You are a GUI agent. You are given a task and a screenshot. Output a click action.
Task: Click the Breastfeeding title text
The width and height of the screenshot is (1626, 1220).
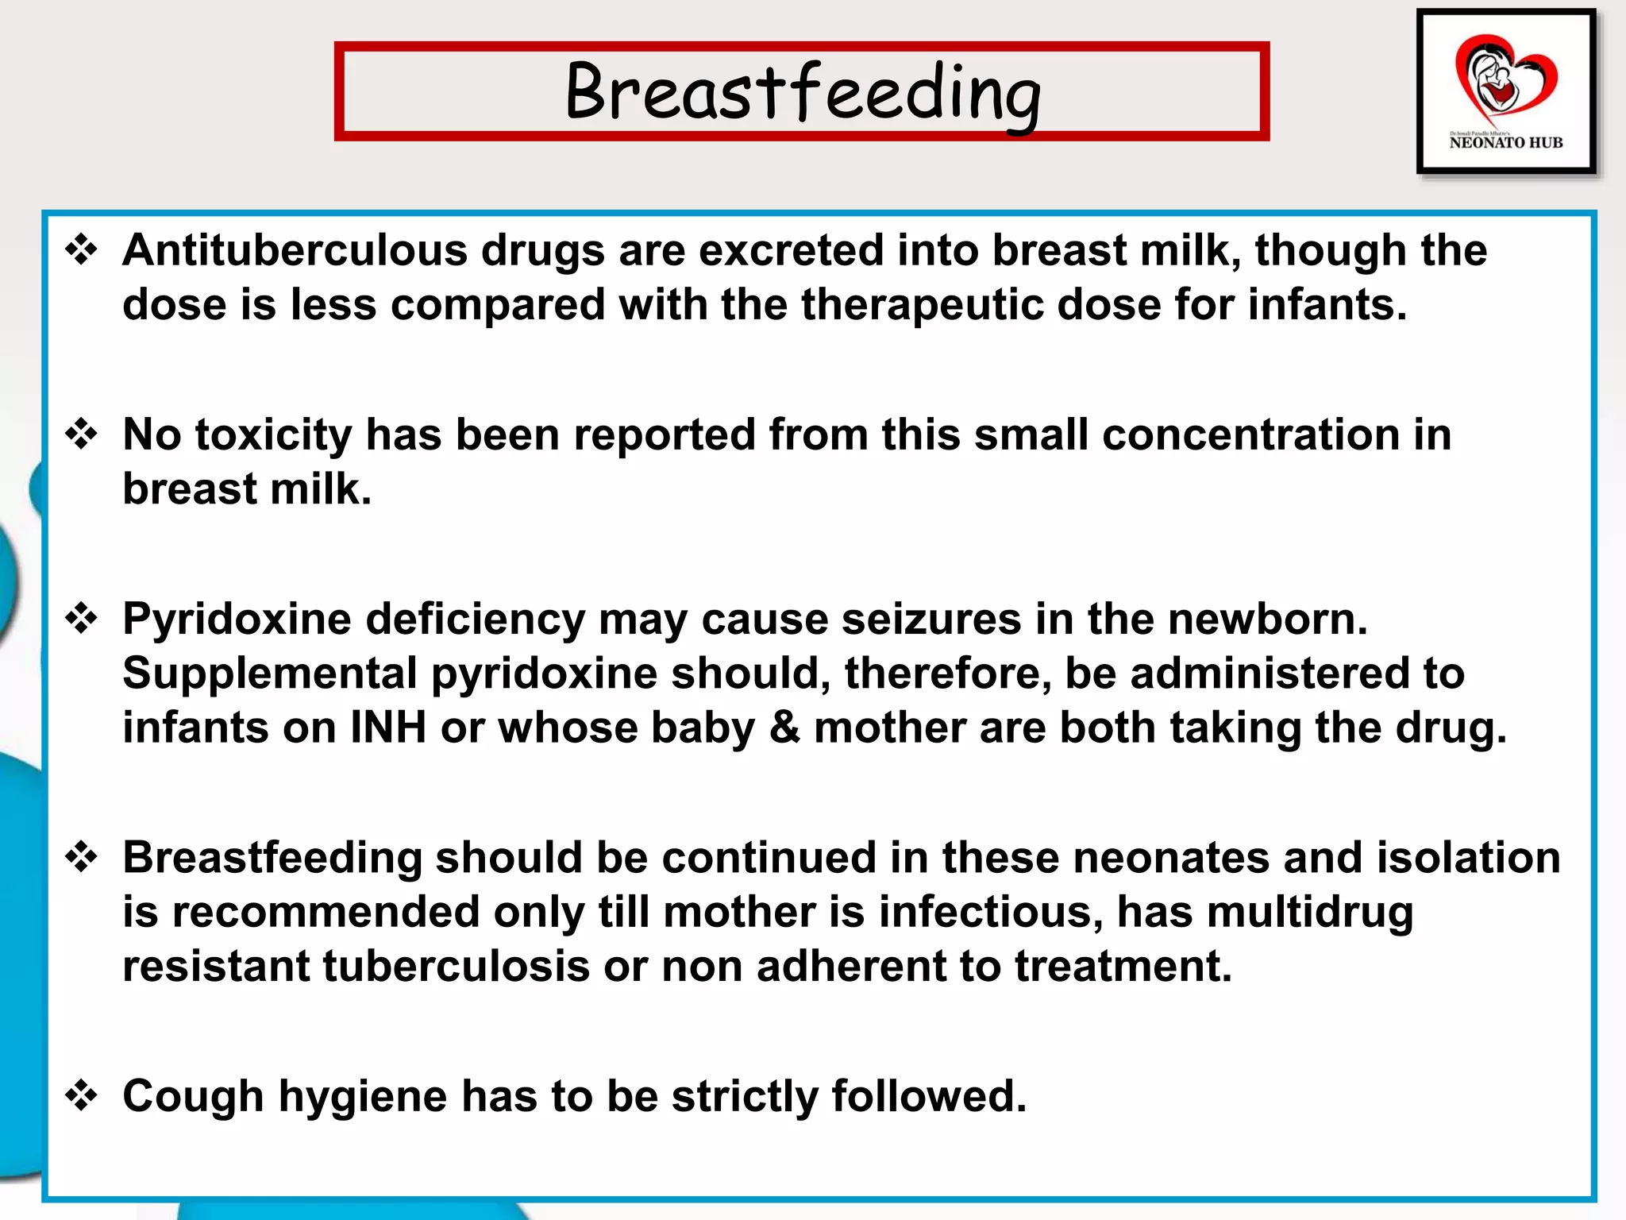tap(802, 93)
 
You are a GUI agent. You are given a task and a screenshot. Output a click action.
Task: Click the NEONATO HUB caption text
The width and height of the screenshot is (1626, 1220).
tap(1505, 143)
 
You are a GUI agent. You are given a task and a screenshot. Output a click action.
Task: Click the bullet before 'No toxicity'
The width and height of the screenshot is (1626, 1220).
tap(82, 434)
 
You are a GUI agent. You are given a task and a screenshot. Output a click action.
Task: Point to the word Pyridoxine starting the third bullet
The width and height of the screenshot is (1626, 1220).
tap(236, 620)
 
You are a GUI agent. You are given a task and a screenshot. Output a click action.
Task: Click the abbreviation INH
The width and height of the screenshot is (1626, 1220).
tap(388, 728)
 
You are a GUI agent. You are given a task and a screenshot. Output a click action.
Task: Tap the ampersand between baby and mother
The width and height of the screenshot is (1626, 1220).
tap(784, 728)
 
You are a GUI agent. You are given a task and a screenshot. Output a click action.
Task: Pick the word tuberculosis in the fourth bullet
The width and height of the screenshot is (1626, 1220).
tap(456, 967)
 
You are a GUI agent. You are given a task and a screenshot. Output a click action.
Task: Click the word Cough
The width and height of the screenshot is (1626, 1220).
tap(193, 1097)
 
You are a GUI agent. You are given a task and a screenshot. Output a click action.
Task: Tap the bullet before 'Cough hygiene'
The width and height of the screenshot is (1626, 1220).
tap(82, 1096)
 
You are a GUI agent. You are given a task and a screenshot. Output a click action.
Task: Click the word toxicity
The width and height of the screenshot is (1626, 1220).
tap(272, 436)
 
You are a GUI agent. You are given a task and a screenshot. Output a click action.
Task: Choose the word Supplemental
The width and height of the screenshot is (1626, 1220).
tap(270, 674)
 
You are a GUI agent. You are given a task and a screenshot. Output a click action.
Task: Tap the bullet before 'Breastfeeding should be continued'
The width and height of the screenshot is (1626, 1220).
tap(82, 858)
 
